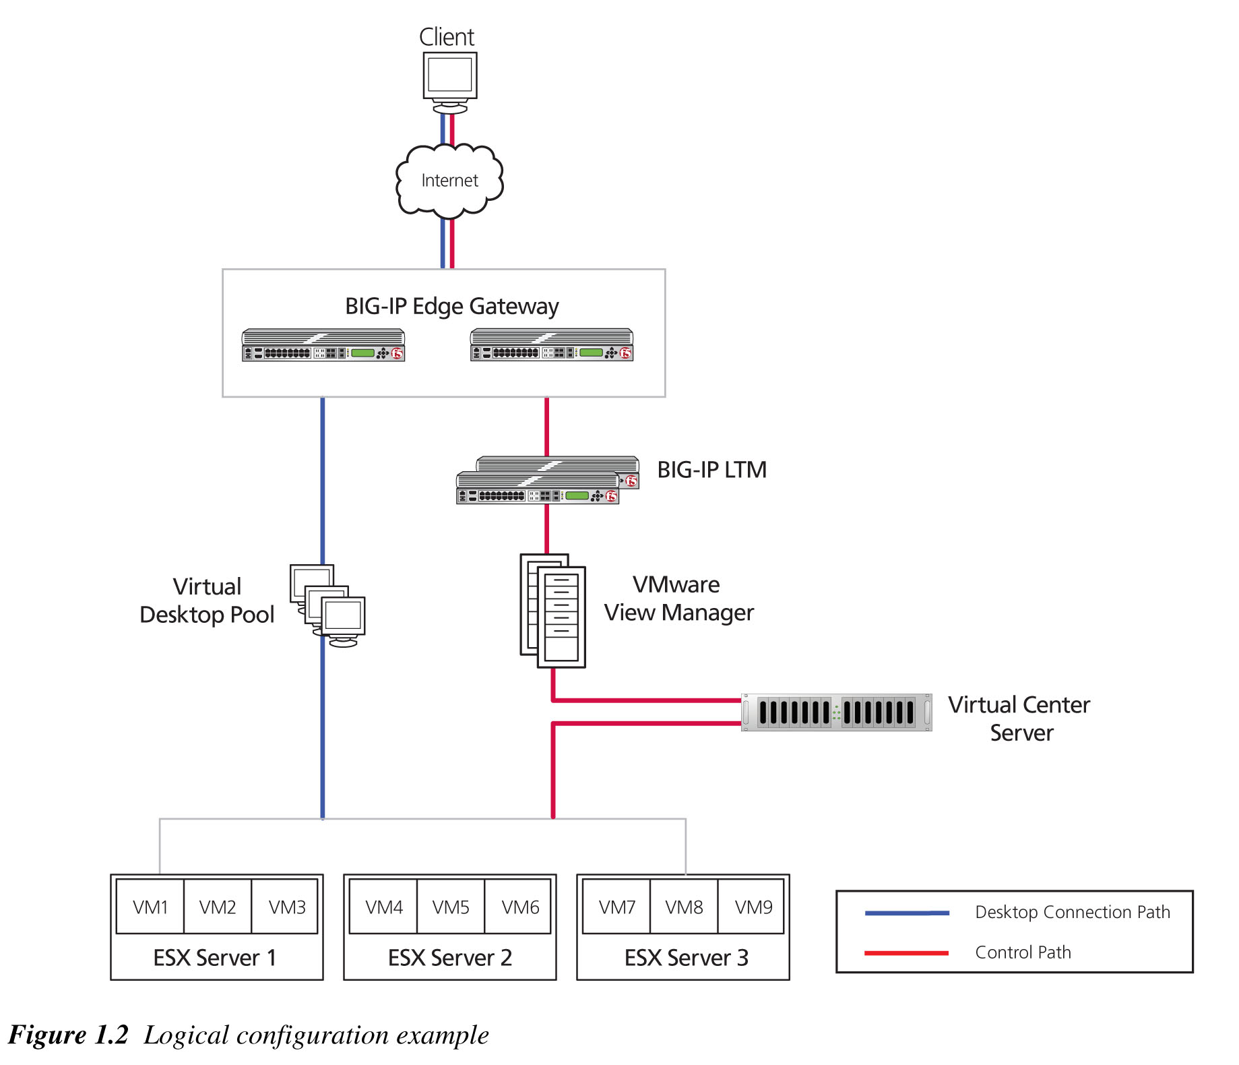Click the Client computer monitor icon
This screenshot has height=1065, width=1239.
(450, 78)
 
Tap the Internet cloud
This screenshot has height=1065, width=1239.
(449, 180)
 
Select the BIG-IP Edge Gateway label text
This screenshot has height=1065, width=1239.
(451, 306)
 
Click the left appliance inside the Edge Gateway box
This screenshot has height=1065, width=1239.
(323, 346)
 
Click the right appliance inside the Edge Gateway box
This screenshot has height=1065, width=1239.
(551, 346)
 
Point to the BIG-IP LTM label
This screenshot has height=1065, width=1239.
(711, 469)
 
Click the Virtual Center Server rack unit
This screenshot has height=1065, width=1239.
(836, 712)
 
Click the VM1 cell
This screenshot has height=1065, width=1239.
(150, 907)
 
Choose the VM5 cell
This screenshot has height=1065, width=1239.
(451, 907)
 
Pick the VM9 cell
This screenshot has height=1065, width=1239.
(753, 907)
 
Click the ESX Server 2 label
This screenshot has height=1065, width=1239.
(449, 957)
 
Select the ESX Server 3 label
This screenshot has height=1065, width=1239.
(686, 957)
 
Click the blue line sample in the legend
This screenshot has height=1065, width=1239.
(906, 913)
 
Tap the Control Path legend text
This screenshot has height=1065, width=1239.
(1022, 952)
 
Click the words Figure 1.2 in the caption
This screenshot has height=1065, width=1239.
(68, 1035)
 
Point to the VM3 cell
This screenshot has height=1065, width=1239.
(286, 907)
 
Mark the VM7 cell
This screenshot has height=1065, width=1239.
(616, 907)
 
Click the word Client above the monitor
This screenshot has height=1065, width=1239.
(447, 37)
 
